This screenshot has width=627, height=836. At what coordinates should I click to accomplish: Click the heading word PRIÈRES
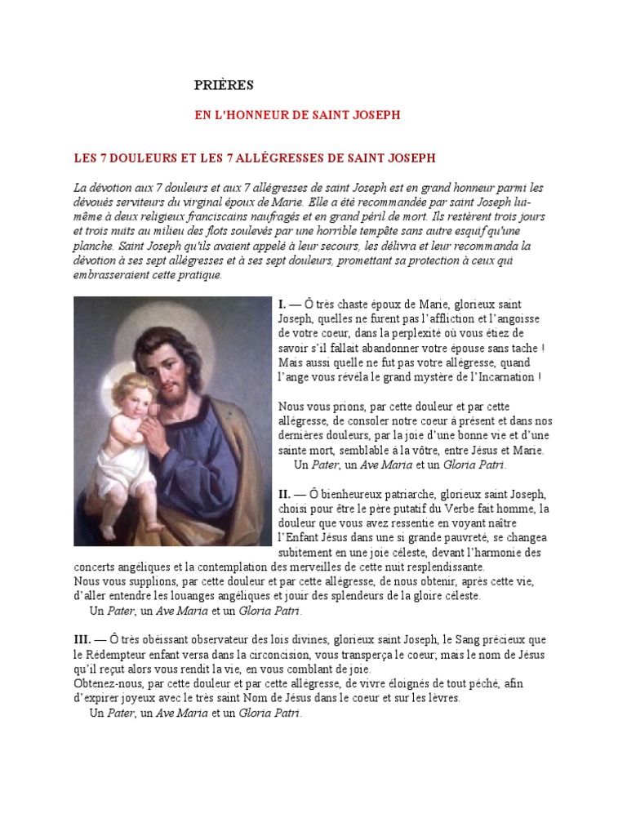coord(225,84)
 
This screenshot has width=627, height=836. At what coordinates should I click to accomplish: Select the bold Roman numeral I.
coord(282,304)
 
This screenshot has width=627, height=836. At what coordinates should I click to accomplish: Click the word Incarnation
coord(505,377)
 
